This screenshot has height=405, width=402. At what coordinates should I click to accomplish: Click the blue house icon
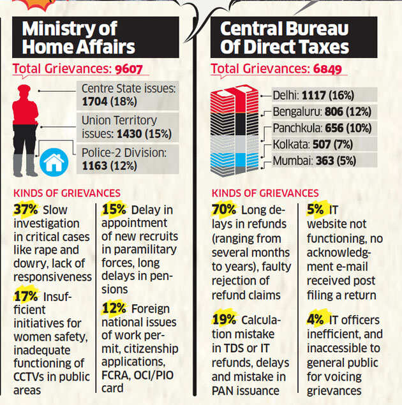[x=53, y=163]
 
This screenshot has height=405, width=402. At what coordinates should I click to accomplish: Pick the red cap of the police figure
[x=24, y=91]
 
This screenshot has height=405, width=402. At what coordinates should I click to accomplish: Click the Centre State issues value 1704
[x=96, y=101]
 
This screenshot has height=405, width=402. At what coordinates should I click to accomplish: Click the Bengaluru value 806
[x=335, y=110]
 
